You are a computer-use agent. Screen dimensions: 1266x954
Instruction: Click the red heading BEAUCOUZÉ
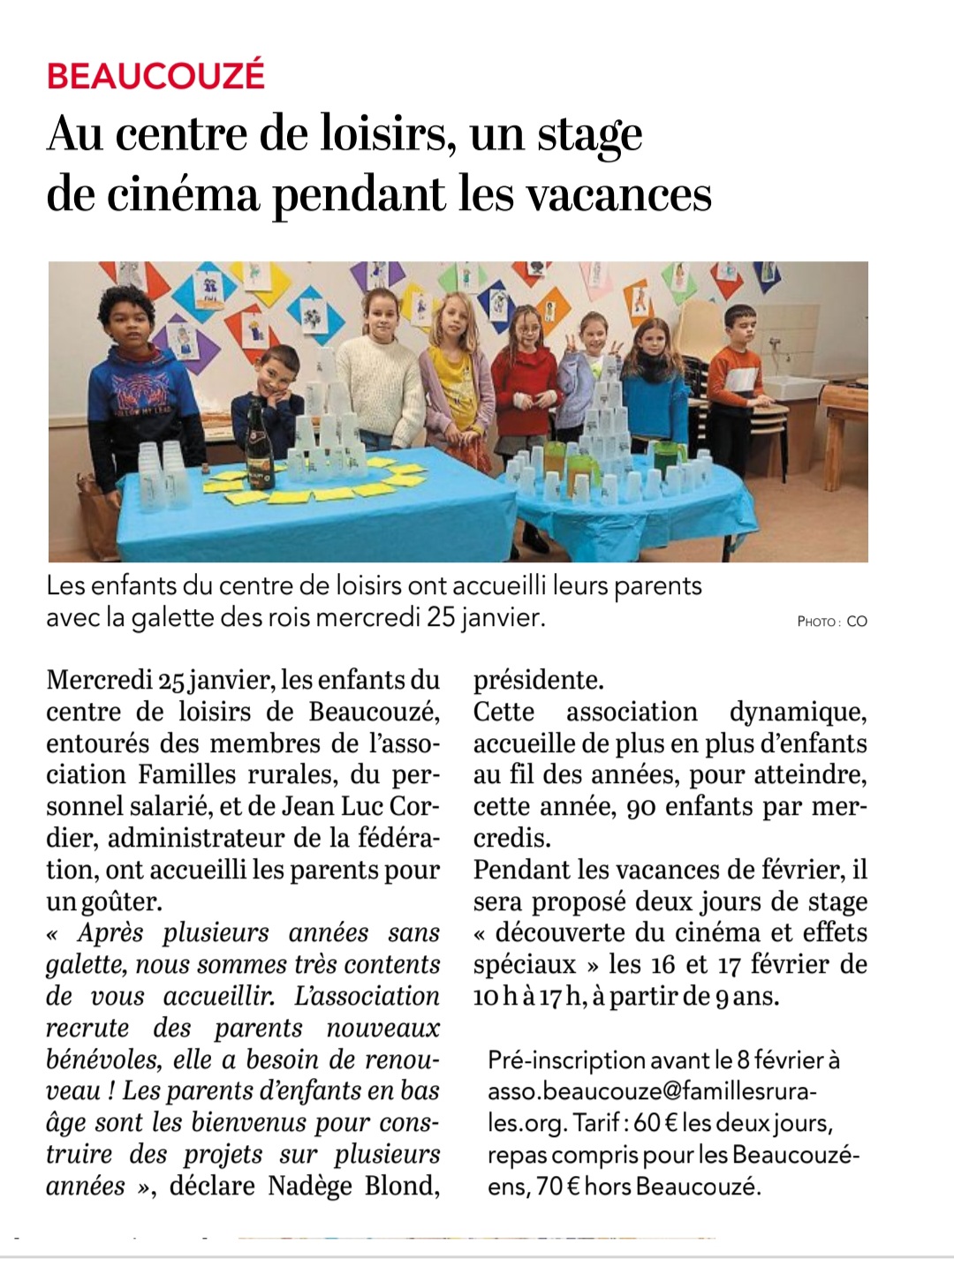[155, 75]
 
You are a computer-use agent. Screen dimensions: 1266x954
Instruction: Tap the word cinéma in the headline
[184, 194]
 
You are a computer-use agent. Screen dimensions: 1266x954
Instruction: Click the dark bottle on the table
[259, 448]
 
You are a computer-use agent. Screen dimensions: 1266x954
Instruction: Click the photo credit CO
[857, 622]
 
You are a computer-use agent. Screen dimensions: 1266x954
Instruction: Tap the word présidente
[538, 680]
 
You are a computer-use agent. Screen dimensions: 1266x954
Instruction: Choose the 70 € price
[557, 1186]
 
